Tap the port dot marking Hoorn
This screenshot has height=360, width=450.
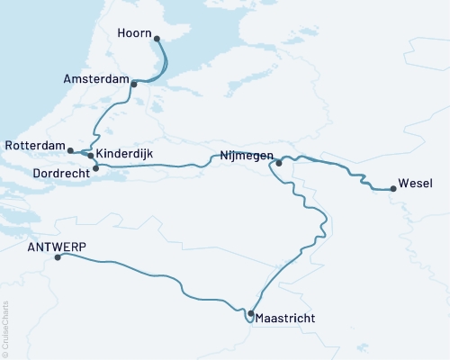[x=157, y=39]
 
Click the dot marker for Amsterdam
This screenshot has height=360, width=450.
[x=134, y=85]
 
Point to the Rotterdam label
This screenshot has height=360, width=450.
[x=34, y=146]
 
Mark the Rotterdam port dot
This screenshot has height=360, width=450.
[x=70, y=150]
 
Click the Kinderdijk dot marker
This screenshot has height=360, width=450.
[x=91, y=156]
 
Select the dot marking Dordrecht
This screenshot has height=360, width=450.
[x=95, y=167]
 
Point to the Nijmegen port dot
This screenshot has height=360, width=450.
[x=279, y=163]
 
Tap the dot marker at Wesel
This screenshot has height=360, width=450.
[x=393, y=189]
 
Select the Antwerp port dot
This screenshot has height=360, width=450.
[x=58, y=257]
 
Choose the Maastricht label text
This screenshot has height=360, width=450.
[x=287, y=318]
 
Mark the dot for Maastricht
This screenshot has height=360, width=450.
[x=250, y=313]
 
